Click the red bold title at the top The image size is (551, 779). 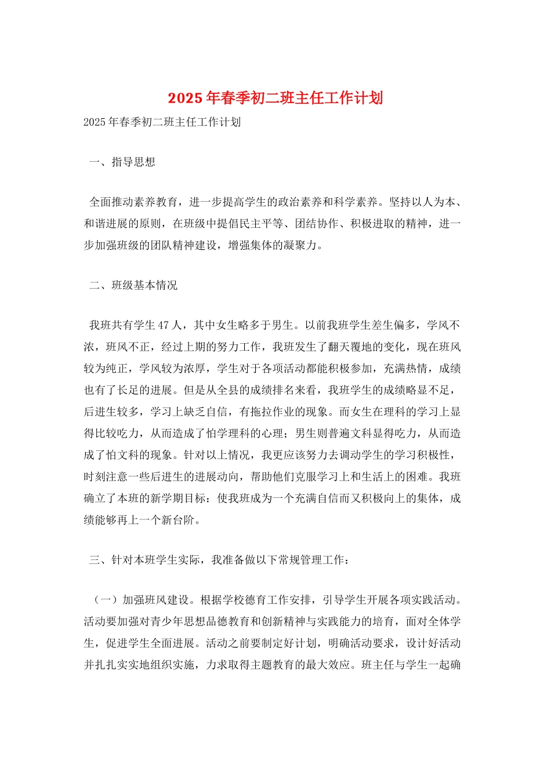click(x=275, y=98)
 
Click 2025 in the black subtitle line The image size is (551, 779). click(x=95, y=122)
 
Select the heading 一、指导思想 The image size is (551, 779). click(x=122, y=162)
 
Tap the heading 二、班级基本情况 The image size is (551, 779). click(x=133, y=285)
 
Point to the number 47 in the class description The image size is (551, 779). click(x=164, y=325)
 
